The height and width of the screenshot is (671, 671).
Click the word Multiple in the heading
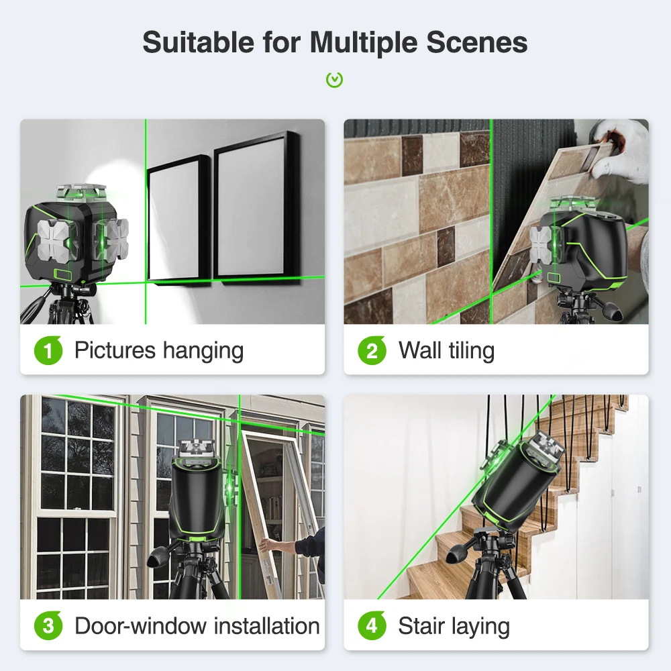[x=364, y=43]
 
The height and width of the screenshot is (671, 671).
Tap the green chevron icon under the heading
[x=335, y=80]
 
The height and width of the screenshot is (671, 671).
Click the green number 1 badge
[x=48, y=350]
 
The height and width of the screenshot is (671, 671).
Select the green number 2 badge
[x=372, y=350]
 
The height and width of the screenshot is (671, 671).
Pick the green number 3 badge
[x=48, y=625]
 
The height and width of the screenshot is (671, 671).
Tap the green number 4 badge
[x=372, y=625]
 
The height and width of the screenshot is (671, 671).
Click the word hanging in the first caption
[x=203, y=352]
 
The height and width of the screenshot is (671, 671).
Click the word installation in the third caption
[x=266, y=625]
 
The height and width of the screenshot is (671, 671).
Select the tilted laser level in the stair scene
[x=518, y=484]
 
